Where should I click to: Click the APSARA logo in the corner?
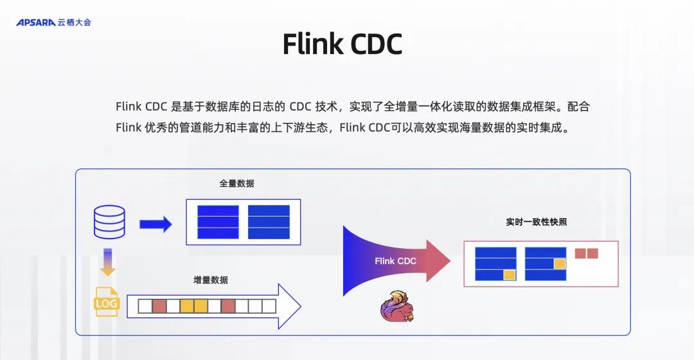[x=53, y=22]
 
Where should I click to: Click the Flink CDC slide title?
[x=342, y=44]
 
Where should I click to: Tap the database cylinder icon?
[x=109, y=222]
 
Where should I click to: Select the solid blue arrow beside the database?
[x=156, y=224]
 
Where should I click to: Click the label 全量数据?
[x=236, y=183]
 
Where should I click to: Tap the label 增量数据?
[x=210, y=280]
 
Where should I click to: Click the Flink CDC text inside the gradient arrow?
[x=395, y=261]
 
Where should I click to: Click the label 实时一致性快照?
[x=536, y=222]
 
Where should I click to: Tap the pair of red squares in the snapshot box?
[x=586, y=253]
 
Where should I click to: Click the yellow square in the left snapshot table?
[x=510, y=274]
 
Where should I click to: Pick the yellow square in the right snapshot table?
[x=560, y=264]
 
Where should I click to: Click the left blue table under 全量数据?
[x=218, y=222]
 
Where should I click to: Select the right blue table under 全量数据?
[x=269, y=222]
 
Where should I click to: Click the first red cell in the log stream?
[x=159, y=306]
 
